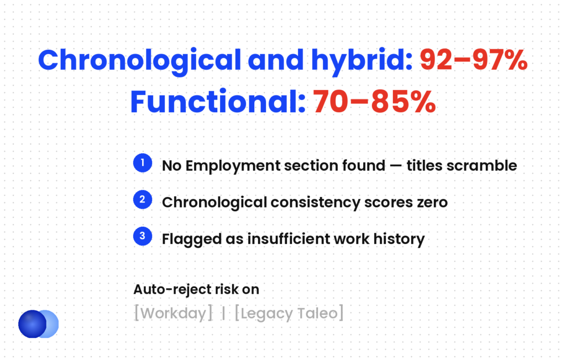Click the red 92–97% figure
pos(473,60)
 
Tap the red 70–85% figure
pos(374,101)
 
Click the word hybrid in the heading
pos(361,61)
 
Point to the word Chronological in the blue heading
pos(139,61)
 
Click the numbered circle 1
pos(143,163)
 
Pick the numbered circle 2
pos(143,200)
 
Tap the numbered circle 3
pos(143,236)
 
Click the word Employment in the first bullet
pos(233,166)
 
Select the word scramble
pos(481,166)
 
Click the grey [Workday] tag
pos(173,314)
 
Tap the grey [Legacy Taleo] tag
pos(289,314)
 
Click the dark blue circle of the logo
pos(32,324)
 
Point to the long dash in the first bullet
pos(396,166)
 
